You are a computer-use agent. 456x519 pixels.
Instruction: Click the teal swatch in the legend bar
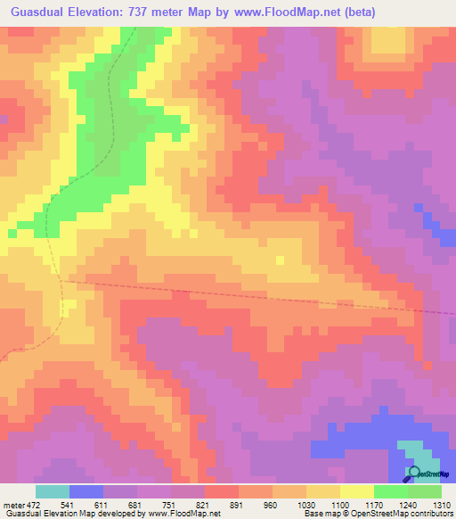(52, 491)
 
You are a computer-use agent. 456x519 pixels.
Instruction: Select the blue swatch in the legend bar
(86, 491)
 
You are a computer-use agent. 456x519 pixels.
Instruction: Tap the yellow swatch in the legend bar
(357, 491)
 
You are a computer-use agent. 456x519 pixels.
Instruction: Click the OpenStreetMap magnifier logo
(414, 474)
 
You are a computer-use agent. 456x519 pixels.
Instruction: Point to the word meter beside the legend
(12, 504)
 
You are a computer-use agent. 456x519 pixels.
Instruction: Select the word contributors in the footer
(431, 514)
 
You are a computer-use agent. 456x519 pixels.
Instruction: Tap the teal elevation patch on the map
(411, 450)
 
